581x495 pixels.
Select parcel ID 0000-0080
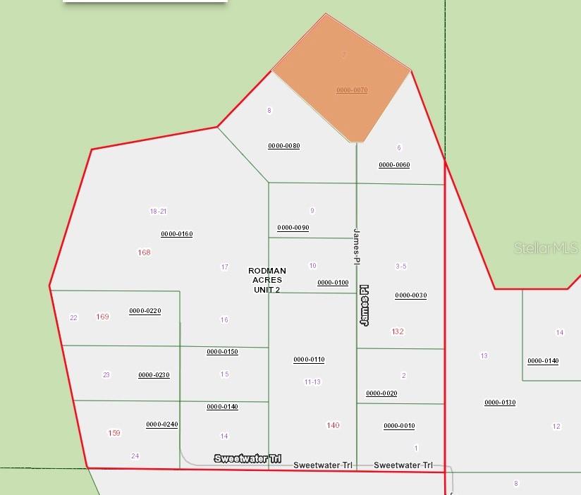(283, 146)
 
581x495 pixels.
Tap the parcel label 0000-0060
(394, 165)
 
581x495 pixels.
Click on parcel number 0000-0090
(293, 228)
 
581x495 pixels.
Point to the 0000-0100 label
(333, 283)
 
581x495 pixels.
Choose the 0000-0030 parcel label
(410, 295)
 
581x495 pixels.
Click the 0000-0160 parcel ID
(176, 234)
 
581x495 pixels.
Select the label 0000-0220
(145, 311)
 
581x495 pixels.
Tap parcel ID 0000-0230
(154, 375)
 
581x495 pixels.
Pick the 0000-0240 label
(161, 424)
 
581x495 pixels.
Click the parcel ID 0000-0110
(309, 360)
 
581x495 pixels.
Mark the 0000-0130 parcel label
(500, 403)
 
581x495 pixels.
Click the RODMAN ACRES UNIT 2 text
(267, 280)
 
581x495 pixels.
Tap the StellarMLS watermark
(546, 248)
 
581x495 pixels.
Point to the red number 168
(145, 252)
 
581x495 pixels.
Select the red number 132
(398, 331)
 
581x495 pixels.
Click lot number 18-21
(158, 212)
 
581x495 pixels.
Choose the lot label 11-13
(312, 382)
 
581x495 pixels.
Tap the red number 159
(114, 433)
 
